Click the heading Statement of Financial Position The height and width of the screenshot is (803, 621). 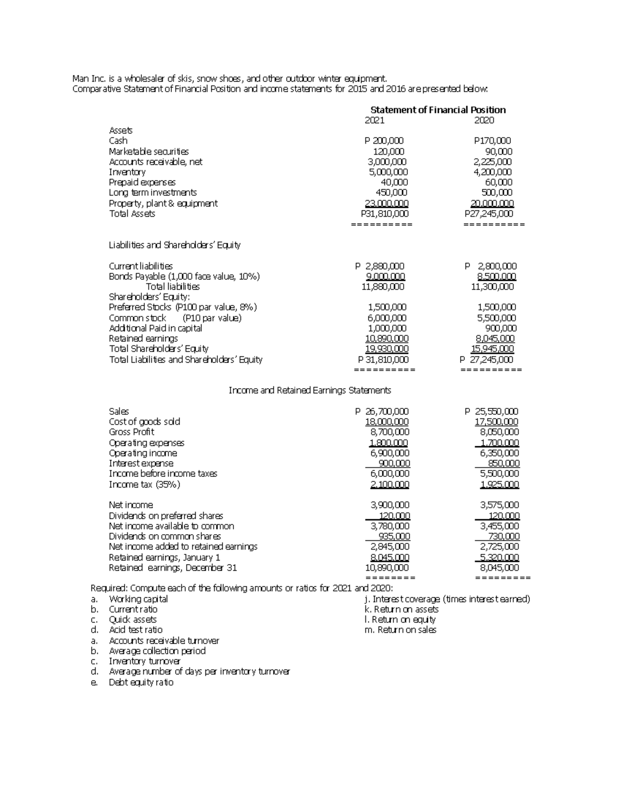(438, 110)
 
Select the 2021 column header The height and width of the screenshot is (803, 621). (375, 120)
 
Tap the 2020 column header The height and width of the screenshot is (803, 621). (484, 120)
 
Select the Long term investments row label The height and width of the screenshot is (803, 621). (153, 193)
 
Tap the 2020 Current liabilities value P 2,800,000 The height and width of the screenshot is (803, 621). (490, 266)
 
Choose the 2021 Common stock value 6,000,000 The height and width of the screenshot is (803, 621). (387, 318)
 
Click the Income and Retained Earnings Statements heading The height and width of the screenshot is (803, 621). (309, 390)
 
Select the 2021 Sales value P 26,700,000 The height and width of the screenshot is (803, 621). (382, 412)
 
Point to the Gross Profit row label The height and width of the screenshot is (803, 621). (131, 432)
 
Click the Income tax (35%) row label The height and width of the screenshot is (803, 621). (144, 484)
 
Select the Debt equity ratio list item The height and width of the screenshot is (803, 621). (141, 683)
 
